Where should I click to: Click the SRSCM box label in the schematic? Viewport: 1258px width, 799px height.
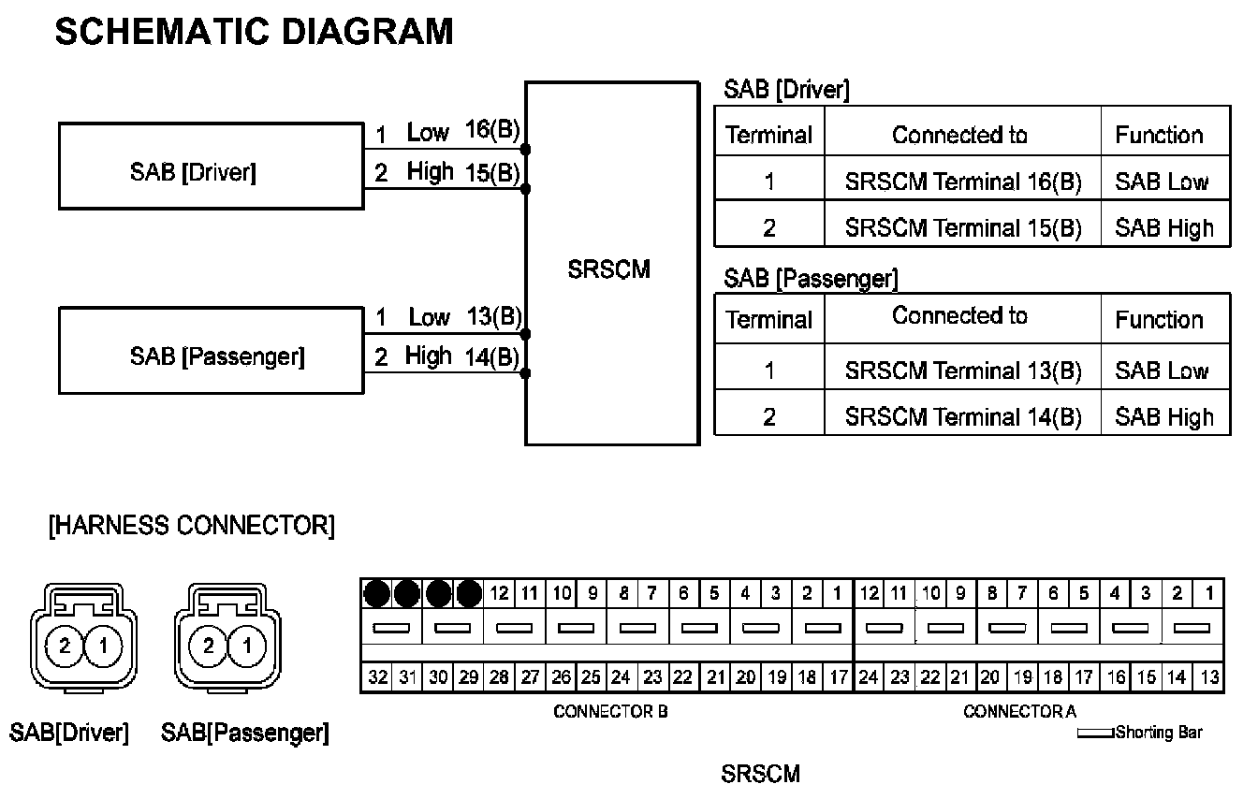pos(608,270)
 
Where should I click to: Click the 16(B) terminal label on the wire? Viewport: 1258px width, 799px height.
pos(492,131)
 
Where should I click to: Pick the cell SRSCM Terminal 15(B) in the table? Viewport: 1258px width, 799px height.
pos(962,227)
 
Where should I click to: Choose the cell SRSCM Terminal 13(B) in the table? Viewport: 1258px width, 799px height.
pos(962,370)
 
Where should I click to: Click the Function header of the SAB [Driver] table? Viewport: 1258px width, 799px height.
pos(1159,136)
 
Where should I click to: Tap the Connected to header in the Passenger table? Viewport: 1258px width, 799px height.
pos(959,316)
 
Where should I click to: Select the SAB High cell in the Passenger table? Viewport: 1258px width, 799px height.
pos(1164,417)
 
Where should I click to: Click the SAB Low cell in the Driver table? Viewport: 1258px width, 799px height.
pos(1162,182)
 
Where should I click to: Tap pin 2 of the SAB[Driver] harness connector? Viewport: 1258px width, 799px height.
pos(65,645)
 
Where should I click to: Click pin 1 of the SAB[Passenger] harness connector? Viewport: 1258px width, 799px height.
pos(247,645)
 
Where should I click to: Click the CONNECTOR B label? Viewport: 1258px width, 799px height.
pos(610,712)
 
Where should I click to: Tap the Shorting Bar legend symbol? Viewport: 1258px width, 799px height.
pos(1096,734)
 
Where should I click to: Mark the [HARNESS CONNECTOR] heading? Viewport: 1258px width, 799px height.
pos(191,526)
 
